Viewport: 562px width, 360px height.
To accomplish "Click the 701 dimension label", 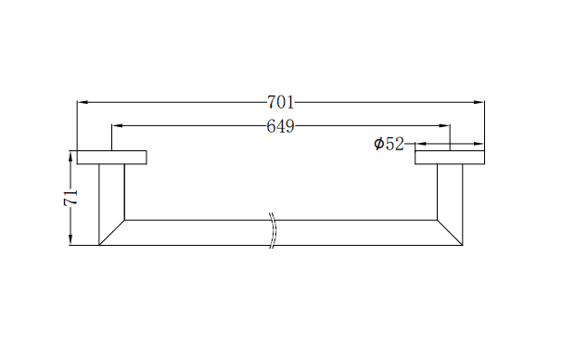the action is pyautogui.click(x=281, y=103).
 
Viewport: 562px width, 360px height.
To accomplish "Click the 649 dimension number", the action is pyautogui.click(x=281, y=126).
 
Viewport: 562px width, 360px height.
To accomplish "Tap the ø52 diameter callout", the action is pyautogui.click(x=389, y=144).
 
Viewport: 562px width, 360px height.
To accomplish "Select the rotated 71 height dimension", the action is pyautogui.click(x=70, y=198).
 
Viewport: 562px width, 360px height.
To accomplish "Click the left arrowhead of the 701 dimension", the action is pyautogui.click(x=83, y=102).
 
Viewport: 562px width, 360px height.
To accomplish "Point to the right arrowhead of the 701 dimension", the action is pyautogui.click(x=479, y=102).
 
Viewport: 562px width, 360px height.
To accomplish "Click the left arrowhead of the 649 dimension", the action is pyautogui.click(x=117, y=126).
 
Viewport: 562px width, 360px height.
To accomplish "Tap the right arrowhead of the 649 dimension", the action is pyautogui.click(x=444, y=126).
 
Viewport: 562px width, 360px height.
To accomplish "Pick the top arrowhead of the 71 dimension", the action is pyautogui.click(x=71, y=157).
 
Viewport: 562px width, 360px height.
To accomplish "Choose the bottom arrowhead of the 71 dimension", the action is pyautogui.click(x=71, y=239).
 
